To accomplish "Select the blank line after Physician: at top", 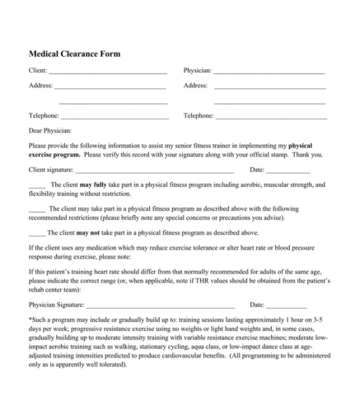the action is pos(269,73).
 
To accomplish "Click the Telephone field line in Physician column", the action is pos(270,117).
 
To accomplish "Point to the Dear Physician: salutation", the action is pos(50,130).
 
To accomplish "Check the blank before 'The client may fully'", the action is pos(37,185).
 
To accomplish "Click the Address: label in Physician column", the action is pos(195,86).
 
